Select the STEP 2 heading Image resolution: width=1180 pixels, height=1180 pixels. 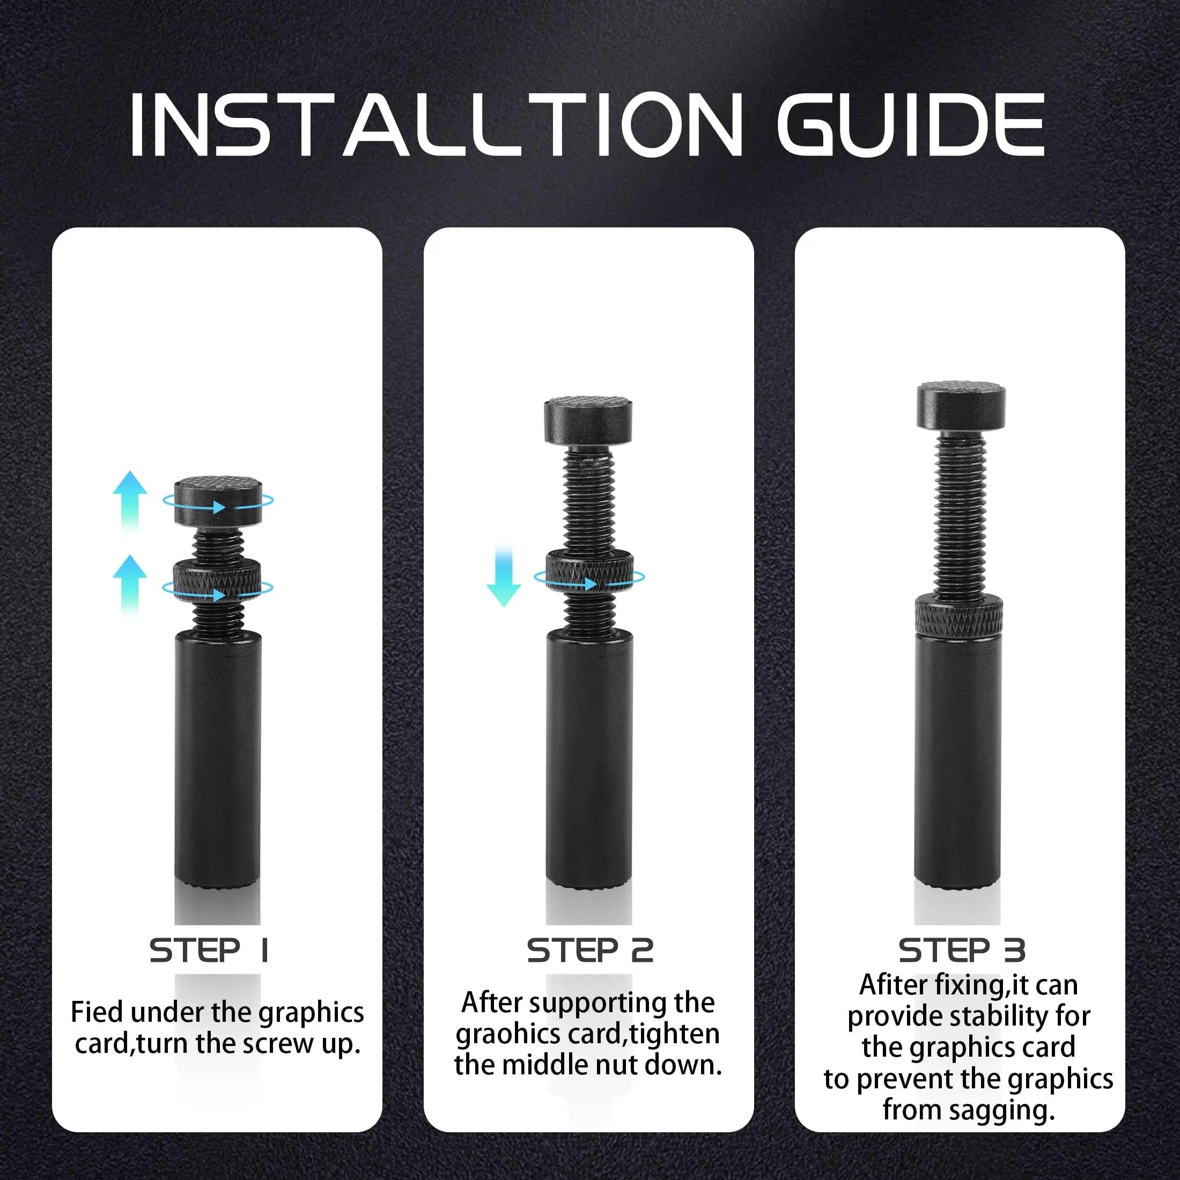click(590, 950)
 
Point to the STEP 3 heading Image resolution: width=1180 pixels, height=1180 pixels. click(961, 950)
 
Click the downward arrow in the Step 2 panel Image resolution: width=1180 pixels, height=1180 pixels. click(503, 577)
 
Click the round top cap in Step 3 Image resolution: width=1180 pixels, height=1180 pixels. click(961, 405)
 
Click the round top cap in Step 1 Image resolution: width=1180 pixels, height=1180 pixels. click(218, 501)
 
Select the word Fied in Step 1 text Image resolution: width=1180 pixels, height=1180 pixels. click(97, 1012)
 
